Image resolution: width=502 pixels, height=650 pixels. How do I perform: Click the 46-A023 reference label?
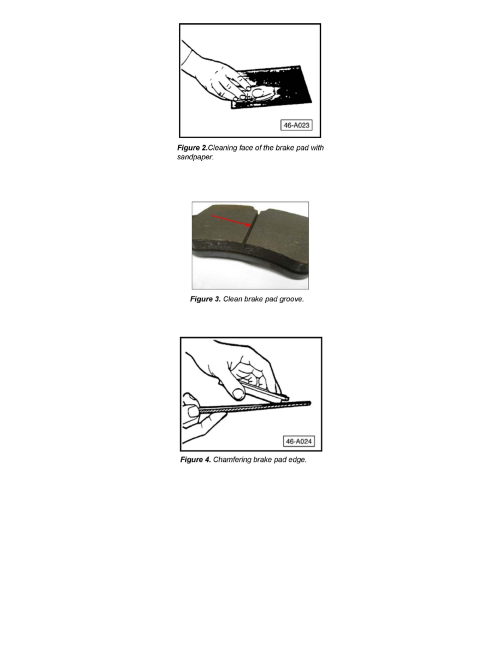point(296,125)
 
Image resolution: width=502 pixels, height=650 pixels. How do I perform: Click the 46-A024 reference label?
point(299,442)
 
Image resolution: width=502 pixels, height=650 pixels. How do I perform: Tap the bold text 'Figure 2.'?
point(192,148)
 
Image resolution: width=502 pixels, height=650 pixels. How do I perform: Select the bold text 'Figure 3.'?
point(206,299)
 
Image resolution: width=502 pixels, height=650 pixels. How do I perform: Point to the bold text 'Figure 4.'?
point(196,459)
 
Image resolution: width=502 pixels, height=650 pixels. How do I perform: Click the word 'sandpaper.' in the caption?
point(196,157)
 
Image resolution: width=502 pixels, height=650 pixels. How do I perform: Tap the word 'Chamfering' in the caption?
point(232,459)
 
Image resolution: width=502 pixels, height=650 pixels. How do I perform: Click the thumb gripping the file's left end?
point(192,411)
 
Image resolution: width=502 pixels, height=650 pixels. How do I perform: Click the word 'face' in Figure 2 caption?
point(246,148)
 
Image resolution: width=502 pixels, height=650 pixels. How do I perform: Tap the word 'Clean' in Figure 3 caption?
point(233,299)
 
